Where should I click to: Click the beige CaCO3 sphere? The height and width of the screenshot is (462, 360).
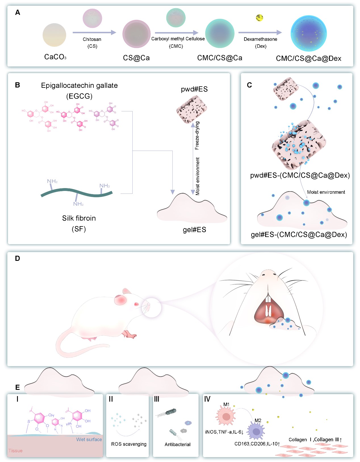(x=54, y=35)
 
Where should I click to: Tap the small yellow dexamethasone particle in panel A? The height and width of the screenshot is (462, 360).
(x=259, y=18)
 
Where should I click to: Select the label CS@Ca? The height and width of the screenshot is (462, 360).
(x=136, y=58)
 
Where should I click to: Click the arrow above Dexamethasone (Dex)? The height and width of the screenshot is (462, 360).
(x=260, y=32)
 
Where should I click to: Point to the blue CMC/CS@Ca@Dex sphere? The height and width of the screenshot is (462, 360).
(x=309, y=34)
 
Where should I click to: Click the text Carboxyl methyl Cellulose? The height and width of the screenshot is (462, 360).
(x=178, y=39)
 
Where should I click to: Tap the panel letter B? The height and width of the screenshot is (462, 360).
(x=17, y=85)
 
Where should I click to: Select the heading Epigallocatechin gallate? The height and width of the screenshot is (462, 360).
(x=79, y=86)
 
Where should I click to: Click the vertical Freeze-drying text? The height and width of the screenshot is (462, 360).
(x=197, y=136)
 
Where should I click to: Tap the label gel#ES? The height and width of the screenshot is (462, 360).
(x=194, y=230)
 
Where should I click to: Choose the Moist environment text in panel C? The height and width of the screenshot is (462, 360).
(x=326, y=192)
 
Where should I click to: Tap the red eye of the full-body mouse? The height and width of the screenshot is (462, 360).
(x=136, y=304)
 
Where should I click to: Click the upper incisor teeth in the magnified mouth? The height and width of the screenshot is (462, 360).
(x=268, y=298)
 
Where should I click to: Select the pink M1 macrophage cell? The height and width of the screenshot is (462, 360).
(x=226, y=417)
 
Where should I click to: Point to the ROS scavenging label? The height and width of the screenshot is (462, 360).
(x=129, y=444)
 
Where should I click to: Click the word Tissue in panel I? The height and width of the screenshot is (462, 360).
(x=15, y=451)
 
